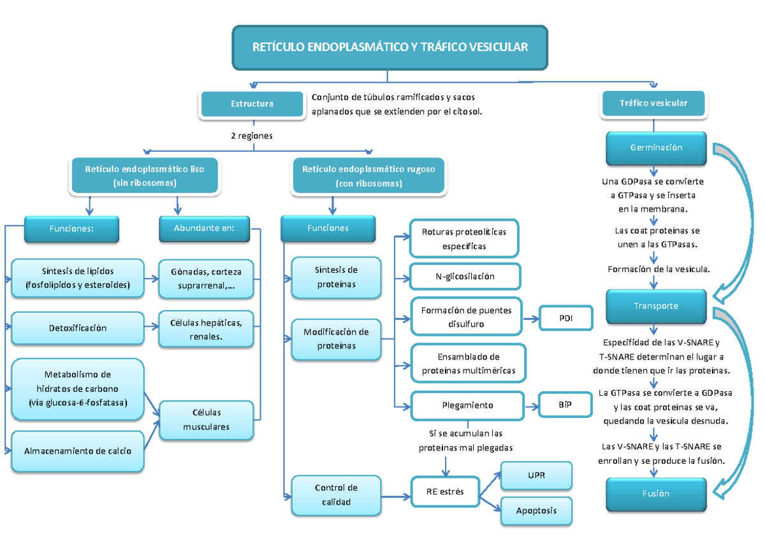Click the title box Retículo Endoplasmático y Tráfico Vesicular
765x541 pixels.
tap(390, 48)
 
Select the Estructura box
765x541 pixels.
tap(252, 104)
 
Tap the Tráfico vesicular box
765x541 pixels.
tap(653, 103)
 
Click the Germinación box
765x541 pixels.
tap(656, 148)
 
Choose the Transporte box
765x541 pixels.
tap(656, 306)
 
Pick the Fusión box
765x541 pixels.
tap(656, 494)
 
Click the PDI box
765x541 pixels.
tap(565, 318)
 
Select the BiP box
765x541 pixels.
tap(565, 405)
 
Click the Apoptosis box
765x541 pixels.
tap(536, 510)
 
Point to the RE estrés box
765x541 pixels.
tap(445, 492)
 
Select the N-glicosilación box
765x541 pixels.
tap(465, 277)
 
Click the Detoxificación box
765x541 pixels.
tap(78, 328)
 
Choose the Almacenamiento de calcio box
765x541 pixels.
tap(78, 451)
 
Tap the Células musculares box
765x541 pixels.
tap(206, 420)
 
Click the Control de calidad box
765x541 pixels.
tap(336, 495)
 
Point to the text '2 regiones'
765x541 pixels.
tap(252, 136)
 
